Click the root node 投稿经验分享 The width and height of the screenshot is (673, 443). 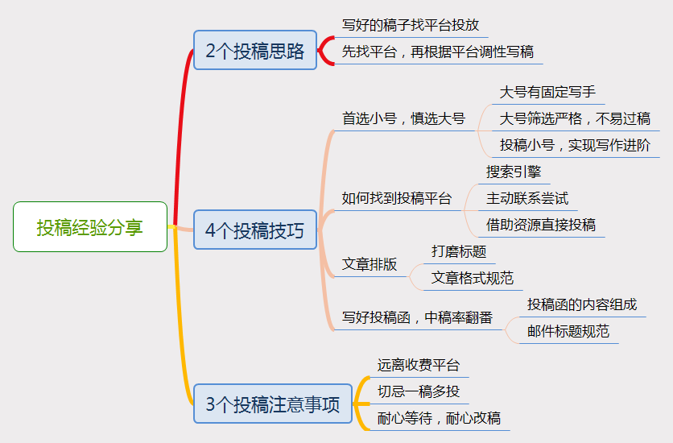[x=90, y=226]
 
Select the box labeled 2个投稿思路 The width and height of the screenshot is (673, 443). [x=255, y=50]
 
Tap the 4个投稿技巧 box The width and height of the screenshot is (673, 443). [x=255, y=230]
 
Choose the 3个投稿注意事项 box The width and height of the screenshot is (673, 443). [x=273, y=404]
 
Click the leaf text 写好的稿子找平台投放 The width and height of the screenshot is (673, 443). [x=411, y=25]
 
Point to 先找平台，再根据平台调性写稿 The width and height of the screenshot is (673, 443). [x=438, y=52]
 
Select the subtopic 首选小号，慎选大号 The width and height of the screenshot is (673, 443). [x=403, y=118]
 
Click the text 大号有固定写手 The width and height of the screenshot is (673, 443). [x=547, y=92]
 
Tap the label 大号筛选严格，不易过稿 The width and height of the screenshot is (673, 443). [x=575, y=118]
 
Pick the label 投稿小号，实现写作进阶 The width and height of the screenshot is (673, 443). [x=575, y=145]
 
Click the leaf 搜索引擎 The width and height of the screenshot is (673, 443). [x=514, y=172]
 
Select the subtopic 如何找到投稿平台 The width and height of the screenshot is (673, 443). [x=397, y=198]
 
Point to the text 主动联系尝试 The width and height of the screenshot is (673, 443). [x=527, y=198]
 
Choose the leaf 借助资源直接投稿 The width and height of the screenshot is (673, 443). [x=541, y=225]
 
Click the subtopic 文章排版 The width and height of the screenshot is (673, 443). [x=370, y=264]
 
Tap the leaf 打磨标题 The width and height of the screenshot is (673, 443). [x=459, y=251]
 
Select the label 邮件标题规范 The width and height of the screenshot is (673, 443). [x=568, y=331]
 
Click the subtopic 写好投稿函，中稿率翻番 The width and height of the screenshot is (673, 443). [x=417, y=317]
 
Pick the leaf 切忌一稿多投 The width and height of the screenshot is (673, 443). [x=419, y=391]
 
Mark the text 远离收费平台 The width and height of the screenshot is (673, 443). [x=419, y=365]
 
